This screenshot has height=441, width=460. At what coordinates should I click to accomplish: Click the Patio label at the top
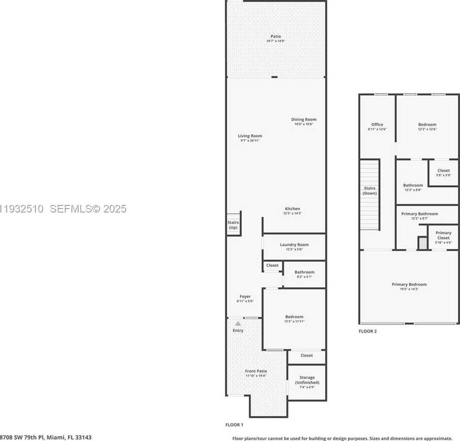[x=275, y=36]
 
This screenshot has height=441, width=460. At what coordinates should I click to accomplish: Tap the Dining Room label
[x=303, y=119]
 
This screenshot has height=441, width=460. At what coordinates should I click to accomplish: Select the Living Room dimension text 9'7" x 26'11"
[x=250, y=141]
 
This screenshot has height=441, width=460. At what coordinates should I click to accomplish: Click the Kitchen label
[x=292, y=209]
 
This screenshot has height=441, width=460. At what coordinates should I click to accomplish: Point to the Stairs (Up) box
[x=233, y=224]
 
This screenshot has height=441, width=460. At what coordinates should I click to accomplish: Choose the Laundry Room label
[x=294, y=244]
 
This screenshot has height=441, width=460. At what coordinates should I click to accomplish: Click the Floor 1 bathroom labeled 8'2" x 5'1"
[x=304, y=274]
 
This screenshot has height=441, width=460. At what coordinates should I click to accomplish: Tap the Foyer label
[x=245, y=296]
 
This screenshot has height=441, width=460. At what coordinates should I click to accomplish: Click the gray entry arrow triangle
[x=238, y=323]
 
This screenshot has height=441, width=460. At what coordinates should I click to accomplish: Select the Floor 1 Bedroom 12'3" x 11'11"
[x=294, y=319]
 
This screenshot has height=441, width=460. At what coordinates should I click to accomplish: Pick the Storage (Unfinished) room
[x=307, y=382]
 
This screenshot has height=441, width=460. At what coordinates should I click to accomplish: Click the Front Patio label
[x=256, y=371]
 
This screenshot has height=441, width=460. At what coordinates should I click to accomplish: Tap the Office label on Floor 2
[x=377, y=125]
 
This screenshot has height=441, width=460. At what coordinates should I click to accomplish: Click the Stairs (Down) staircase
[x=370, y=195]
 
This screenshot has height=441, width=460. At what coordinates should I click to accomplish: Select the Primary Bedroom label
[x=409, y=284]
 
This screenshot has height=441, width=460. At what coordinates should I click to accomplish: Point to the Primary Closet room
[x=443, y=237]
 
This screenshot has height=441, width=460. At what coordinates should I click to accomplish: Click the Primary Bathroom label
[x=419, y=214]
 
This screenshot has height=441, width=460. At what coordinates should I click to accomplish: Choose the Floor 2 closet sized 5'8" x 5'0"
[x=443, y=173]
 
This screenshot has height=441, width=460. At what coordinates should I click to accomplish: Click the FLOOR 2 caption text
[x=367, y=331]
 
